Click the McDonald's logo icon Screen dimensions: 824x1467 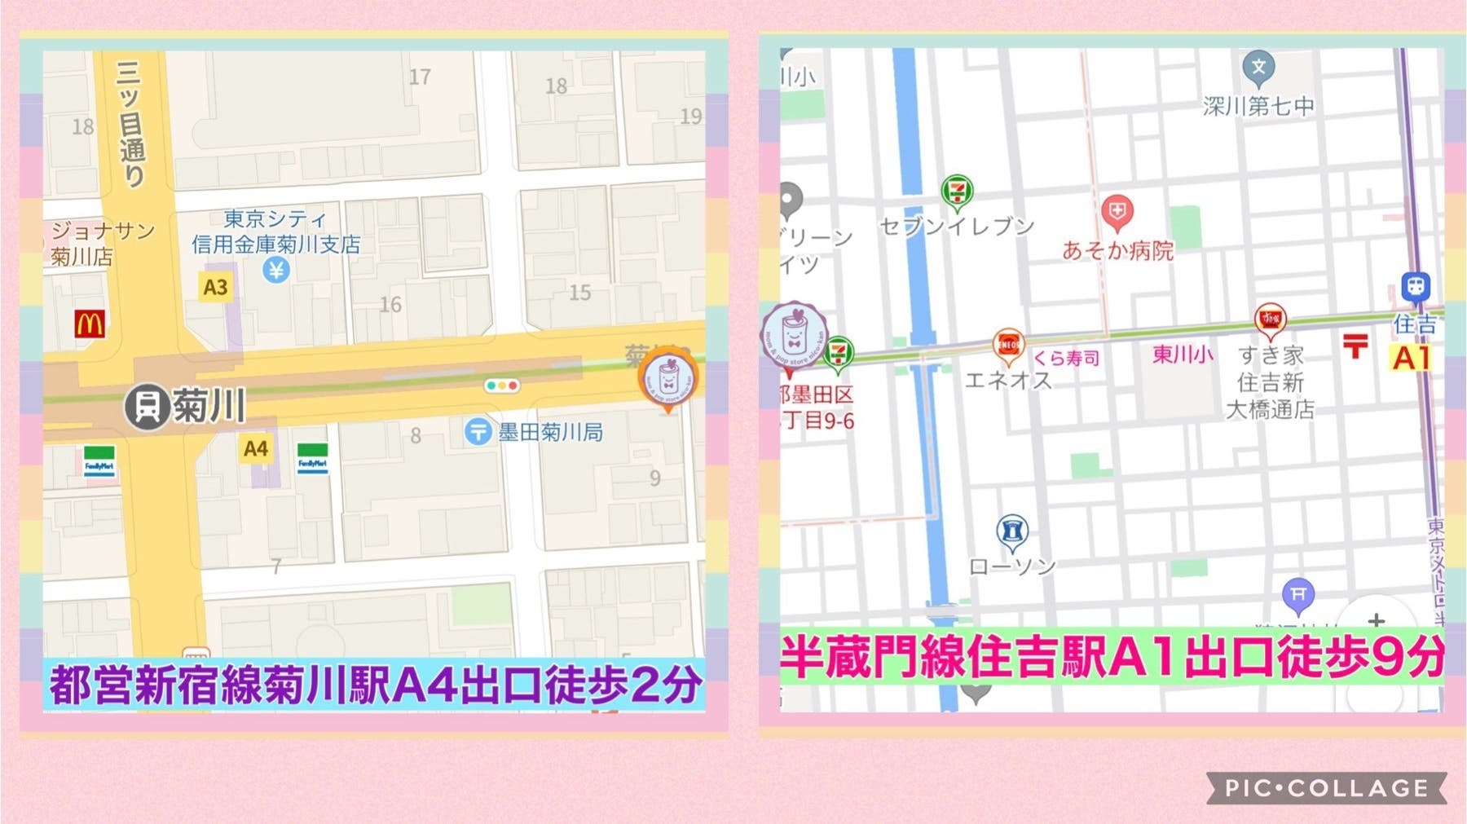89,324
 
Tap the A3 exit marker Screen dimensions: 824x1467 215,287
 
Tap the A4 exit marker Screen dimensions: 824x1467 255,448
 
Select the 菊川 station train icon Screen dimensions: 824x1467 147,405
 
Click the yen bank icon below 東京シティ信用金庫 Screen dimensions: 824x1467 276,270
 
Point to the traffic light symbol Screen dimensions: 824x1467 501,385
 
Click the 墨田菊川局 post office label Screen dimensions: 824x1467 550,432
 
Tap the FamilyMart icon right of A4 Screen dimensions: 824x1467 312,460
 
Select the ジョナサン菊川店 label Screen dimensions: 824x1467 102,243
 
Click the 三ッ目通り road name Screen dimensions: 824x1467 130,124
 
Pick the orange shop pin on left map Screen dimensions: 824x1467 667,380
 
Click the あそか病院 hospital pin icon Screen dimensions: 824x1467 1117,213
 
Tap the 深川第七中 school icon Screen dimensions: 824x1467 1258,68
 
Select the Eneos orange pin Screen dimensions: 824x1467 1008,346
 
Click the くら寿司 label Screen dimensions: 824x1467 1066,358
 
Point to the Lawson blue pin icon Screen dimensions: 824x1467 1011,531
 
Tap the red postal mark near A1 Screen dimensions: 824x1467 1355,346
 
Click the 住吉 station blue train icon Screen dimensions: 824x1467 1416,287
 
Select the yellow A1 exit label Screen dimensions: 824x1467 1411,358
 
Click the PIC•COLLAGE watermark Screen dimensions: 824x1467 1326,788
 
